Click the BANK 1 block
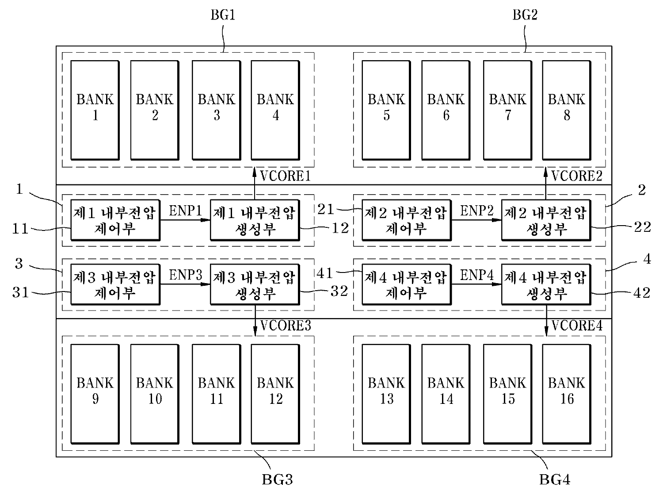click(95, 110)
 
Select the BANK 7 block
click(507, 110)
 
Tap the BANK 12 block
click(275, 393)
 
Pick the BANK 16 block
click(566, 393)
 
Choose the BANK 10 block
click(155, 393)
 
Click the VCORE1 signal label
click(285, 177)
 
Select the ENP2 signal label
click(476, 211)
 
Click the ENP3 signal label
click(185, 275)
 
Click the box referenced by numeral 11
click(115, 220)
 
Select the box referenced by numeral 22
click(545, 220)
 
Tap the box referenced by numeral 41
click(406, 284)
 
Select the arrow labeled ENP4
click(476, 284)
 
